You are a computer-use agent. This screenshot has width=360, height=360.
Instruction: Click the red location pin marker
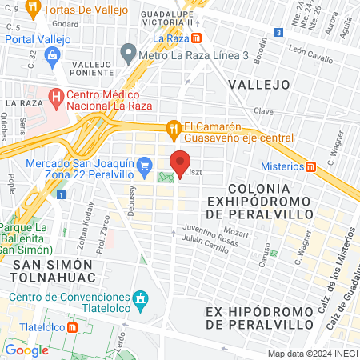pos(180,162)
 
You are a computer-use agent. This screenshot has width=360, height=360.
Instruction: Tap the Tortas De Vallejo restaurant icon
pos(33,10)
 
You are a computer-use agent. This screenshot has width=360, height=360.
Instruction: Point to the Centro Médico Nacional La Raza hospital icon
pos(56,98)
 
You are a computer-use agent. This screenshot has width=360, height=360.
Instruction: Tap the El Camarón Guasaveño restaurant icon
pos(173,128)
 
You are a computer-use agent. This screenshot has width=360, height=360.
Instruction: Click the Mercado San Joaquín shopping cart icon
pos(144,166)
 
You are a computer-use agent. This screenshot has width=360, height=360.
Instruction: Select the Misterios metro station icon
pos(313,166)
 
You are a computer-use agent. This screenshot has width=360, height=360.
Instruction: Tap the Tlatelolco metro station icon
pos(73,327)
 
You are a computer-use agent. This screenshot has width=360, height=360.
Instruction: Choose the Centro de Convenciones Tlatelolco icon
pos(141,298)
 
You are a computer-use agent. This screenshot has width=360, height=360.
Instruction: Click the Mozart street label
pos(249,233)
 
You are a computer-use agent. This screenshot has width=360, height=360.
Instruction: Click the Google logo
pos(27,350)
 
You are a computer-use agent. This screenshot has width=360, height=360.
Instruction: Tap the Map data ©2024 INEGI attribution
pos(311,354)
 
